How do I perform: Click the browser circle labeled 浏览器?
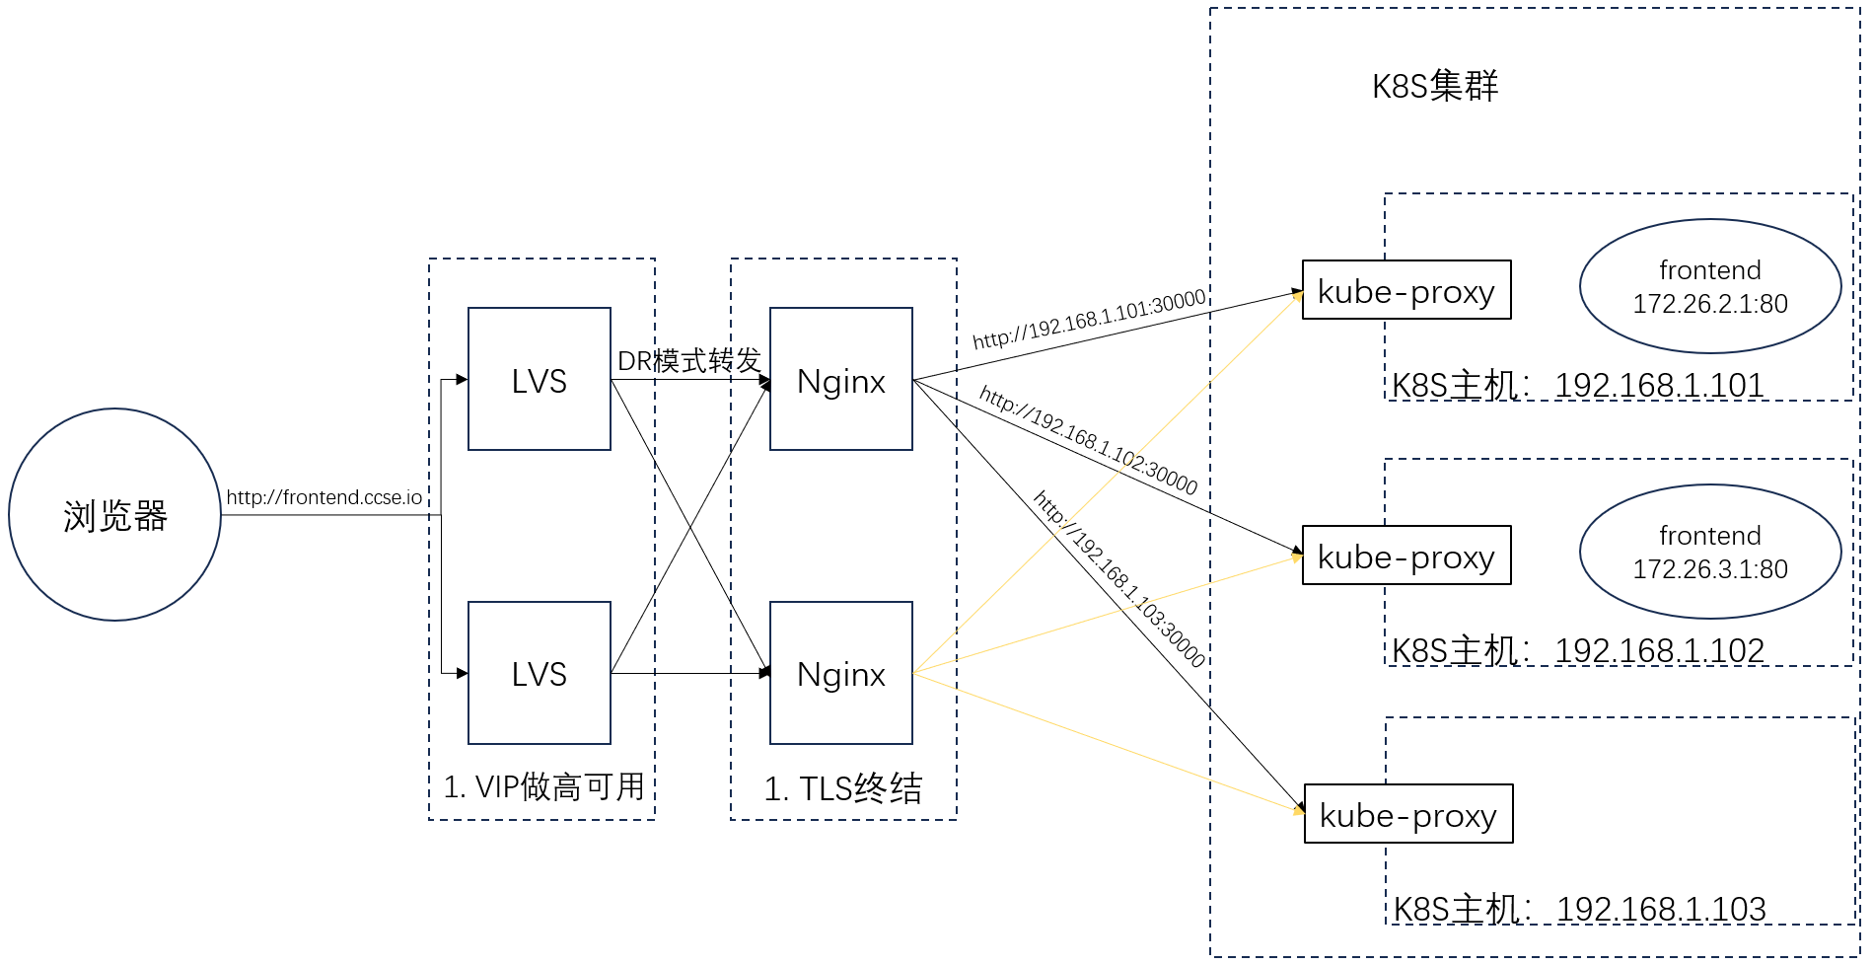[x=115, y=515]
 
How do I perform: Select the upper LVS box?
[x=540, y=380]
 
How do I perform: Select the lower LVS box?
[x=540, y=673]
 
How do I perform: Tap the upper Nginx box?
[x=841, y=380]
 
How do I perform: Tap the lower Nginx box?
[x=841, y=673]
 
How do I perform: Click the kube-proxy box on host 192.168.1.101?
[x=1406, y=290]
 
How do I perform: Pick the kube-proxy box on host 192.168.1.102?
[x=1406, y=556]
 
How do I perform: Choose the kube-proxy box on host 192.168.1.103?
[x=1408, y=814]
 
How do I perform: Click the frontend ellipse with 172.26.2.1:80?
[x=1710, y=286]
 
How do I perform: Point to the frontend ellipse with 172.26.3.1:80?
[x=1710, y=552]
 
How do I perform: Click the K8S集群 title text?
[x=1435, y=86]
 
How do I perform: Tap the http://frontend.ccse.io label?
[x=324, y=497]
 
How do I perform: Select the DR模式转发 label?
[x=689, y=361]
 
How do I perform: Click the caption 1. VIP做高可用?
[x=543, y=786]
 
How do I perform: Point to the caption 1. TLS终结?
[x=843, y=788]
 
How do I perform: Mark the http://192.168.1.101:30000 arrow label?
[x=1089, y=319]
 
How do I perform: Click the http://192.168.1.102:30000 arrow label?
[x=1088, y=440]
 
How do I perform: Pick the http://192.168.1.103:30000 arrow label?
[x=1118, y=579]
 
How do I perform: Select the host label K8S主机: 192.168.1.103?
[x=1579, y=909]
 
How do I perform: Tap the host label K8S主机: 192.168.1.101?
[x=1577, y=385]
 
